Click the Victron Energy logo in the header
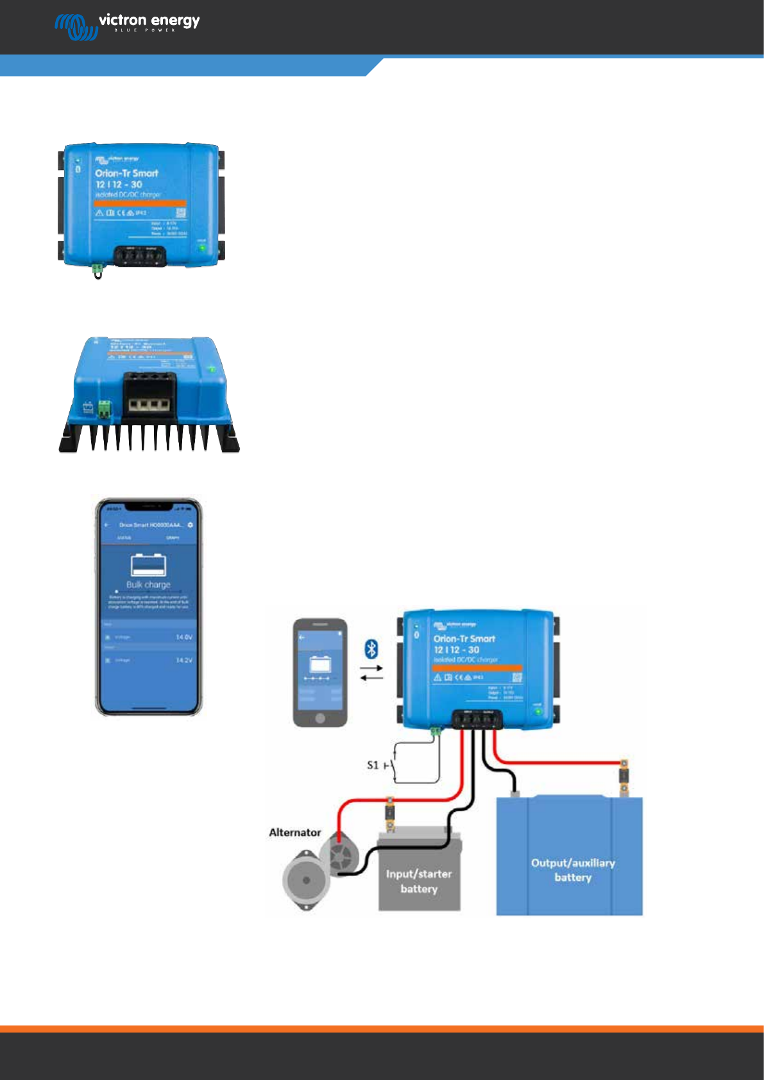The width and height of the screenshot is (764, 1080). [x=127, y=26]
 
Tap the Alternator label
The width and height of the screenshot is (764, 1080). [x=294, y=832]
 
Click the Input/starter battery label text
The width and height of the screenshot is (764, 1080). [x=419, y=881]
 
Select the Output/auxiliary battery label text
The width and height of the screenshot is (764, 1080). [x=573, y=870]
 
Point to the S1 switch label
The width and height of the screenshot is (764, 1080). [x=372, y=765]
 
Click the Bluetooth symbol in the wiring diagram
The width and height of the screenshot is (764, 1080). [x=371, y=648]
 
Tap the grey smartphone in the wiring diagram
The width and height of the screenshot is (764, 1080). [x=320, y=672]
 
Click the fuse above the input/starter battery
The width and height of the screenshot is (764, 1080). [x=389, y=813]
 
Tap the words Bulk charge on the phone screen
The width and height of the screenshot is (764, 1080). [x=148, y=585]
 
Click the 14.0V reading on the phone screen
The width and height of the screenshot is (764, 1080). [x=183, y=637]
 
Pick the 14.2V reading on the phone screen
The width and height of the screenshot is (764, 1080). [x=183, y=660]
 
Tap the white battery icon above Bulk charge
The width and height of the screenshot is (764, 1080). [x=148, y=565]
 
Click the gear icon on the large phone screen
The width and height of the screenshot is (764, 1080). [x=191, y=525]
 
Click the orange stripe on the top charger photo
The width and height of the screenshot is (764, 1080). [x=140, y=203]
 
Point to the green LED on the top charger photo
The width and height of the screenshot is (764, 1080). [x=202, y=248]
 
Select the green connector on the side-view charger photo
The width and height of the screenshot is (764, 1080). [x=104, y=409]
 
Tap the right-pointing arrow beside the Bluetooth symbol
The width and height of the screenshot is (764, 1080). [x=371, y=668]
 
